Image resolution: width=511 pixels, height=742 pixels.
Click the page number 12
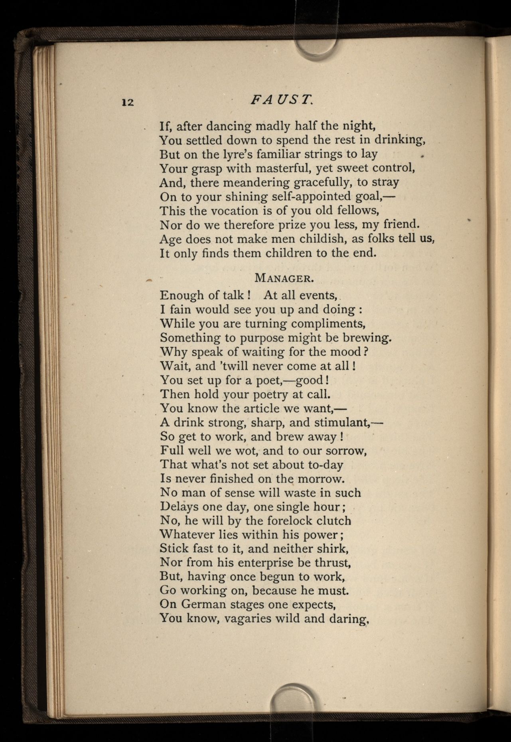[x=128, y=102]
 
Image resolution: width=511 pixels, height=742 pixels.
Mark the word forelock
[x=284, y=520]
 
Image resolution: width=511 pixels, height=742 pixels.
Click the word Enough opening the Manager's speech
[x=182, y=295]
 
